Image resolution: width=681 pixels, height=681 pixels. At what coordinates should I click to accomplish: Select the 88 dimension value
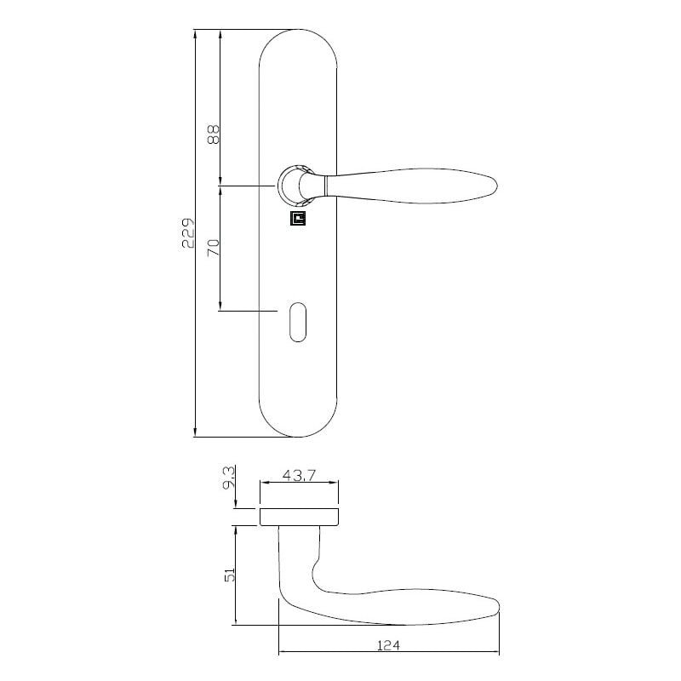tap(214, 134)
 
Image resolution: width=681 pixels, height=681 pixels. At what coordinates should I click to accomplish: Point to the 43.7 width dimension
tap(299, 477)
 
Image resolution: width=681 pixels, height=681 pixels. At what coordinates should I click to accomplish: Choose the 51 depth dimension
tap(229, 576)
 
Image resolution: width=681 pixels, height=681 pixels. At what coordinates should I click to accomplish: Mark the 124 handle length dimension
tap(387, 645)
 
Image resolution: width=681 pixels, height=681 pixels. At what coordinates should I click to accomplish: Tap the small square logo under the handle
tap(297, 220)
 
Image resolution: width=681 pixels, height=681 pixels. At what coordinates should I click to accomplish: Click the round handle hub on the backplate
tap(292, 186)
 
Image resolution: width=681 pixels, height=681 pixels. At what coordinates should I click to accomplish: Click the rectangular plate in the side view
tap(300, 516)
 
